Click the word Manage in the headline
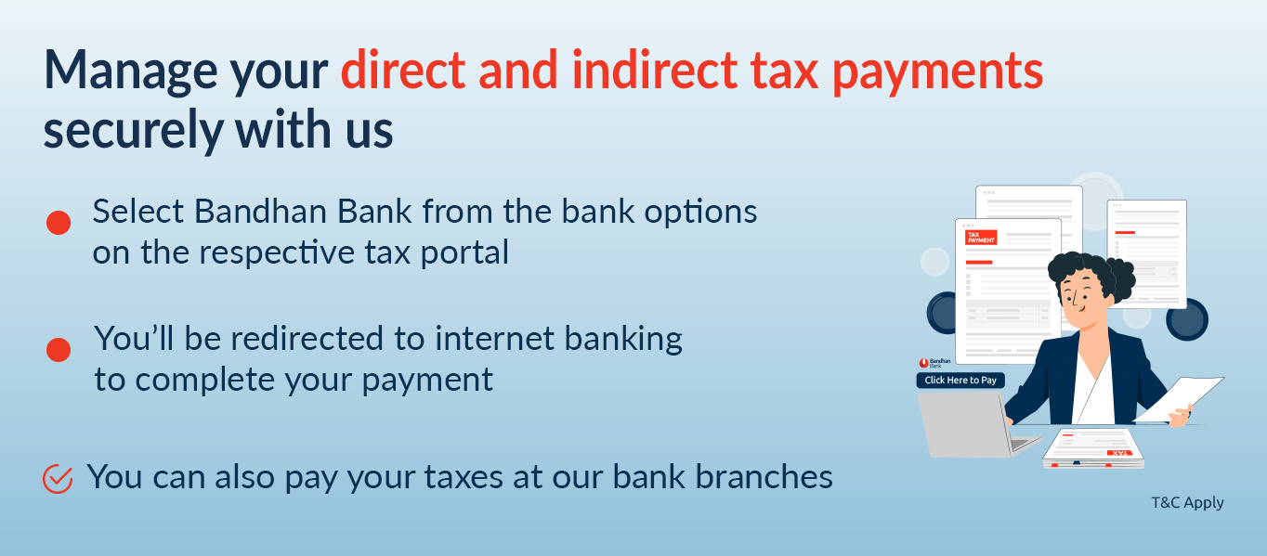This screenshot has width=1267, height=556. pos(131,71)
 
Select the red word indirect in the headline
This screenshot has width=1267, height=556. pos(655,70)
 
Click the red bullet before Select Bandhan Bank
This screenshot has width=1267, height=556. pos(59,223)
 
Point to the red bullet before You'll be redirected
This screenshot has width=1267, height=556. pos(59,350)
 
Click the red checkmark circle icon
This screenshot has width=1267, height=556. pos(58,479)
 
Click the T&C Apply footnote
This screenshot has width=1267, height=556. pos(1187,502)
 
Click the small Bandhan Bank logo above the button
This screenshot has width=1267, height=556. pos(934,363)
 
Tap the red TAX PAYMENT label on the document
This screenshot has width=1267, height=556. pos(981,238)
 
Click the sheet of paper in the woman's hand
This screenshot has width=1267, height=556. pos(1180,399)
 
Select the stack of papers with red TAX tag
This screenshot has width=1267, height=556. pos(1092,448)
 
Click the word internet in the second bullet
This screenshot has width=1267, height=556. pos(495,339)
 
